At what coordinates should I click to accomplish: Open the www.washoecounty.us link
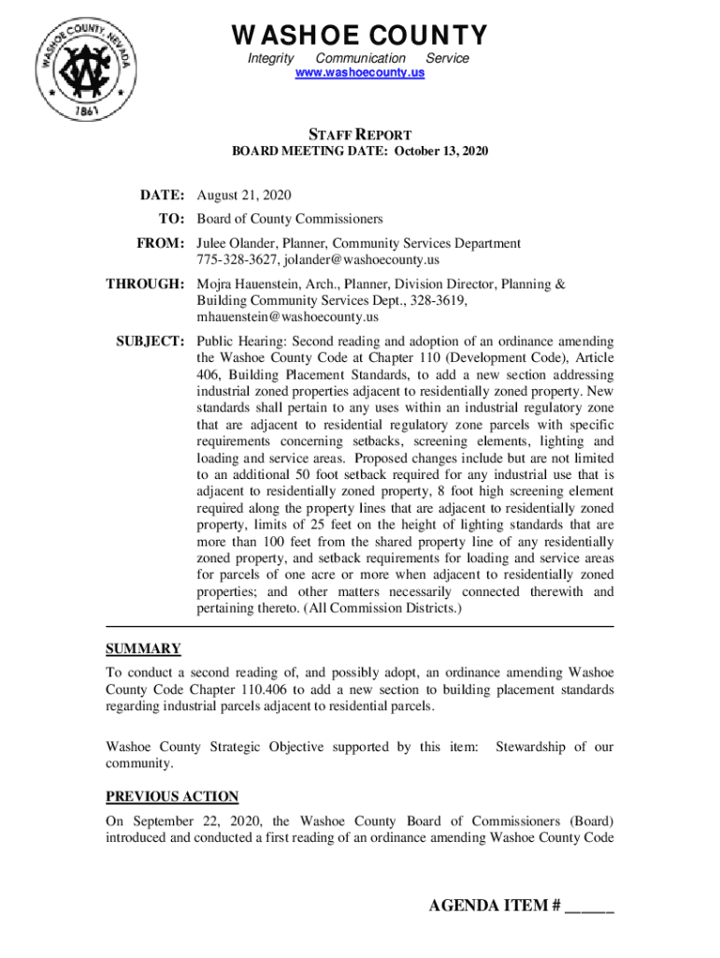click(x=360, y=72)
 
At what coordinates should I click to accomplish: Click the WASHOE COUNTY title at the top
click(x=360, y=36)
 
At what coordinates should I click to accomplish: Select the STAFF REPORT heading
click(x=360, y=135)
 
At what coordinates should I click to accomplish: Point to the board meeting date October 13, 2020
click(x=442, y=151)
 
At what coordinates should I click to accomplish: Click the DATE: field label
click(x=164, y=196)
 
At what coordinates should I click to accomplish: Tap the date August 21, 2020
click(x=244, y=196)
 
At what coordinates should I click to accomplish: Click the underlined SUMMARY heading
click(x=142, y=648)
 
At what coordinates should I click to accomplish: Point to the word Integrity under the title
click(x=270, y=58)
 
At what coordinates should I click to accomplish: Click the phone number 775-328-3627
click(x=235, y=259)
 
